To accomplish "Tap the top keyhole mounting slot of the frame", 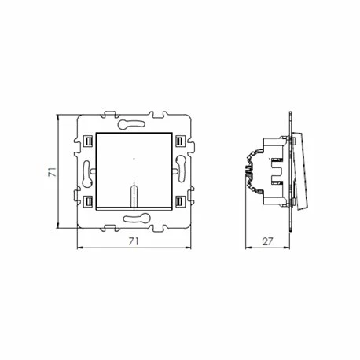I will click(134, 123).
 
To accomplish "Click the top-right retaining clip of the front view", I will click(180, 141).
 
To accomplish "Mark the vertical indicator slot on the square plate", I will click(134, 194).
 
